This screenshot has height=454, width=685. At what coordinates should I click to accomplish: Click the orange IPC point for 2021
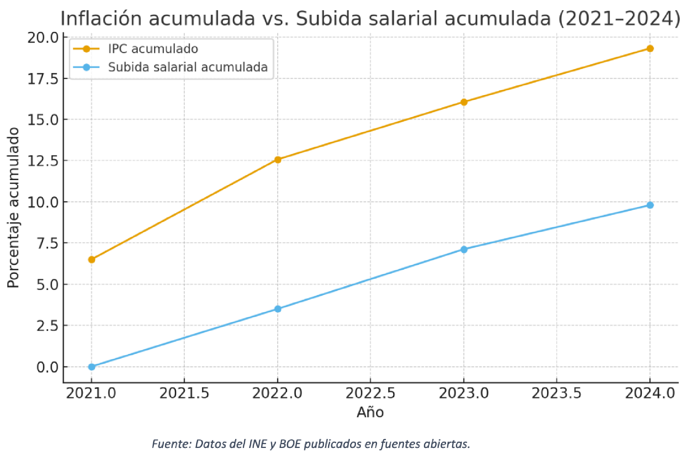[x=91, y=260]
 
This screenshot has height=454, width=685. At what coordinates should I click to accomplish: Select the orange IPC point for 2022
[x=278, y=160]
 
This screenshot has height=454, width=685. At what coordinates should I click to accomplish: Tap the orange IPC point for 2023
[x=464, y=102]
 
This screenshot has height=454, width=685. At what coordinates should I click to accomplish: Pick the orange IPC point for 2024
[x=650, y=48]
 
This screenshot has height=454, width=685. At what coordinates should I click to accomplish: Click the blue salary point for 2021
[x=91, y=367]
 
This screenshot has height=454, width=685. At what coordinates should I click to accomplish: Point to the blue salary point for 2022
[x=278, y=309]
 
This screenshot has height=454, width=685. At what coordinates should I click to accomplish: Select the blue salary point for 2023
[x=464, y=249]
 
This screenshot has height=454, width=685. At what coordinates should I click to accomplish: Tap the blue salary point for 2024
[x=650, y=205]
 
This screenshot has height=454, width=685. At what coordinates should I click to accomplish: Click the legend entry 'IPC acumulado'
[x=153, y=49]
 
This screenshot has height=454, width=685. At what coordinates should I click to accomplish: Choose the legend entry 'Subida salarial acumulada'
[x=188, y=67]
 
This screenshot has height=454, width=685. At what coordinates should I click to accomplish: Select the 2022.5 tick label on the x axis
[x=370, y=393]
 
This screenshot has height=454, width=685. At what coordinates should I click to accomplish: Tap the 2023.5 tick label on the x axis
[x=556, y=393]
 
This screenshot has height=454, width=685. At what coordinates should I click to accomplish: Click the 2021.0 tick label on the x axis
[x=91, y=393]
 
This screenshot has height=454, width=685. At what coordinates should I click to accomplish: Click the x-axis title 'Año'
[x=370, y=412]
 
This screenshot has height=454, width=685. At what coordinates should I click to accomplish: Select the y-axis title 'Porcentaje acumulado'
[x=14, y=207]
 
